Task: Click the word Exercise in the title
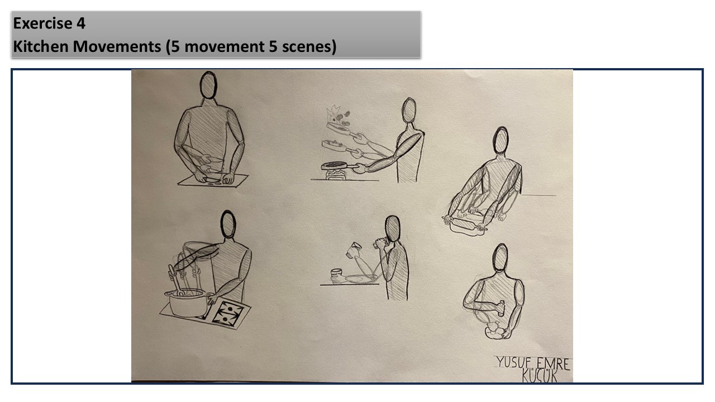42,23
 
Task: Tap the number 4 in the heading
81,23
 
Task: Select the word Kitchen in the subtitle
41,46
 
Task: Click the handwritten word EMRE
553,364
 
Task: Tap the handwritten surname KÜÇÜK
540,376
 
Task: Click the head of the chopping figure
208,85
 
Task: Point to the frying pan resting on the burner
339,166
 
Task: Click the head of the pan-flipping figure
409,110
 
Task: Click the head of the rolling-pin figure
500,140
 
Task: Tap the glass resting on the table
336,275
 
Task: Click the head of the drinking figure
393,229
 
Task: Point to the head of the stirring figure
228,224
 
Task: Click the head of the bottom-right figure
500,258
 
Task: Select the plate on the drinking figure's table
360,279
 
